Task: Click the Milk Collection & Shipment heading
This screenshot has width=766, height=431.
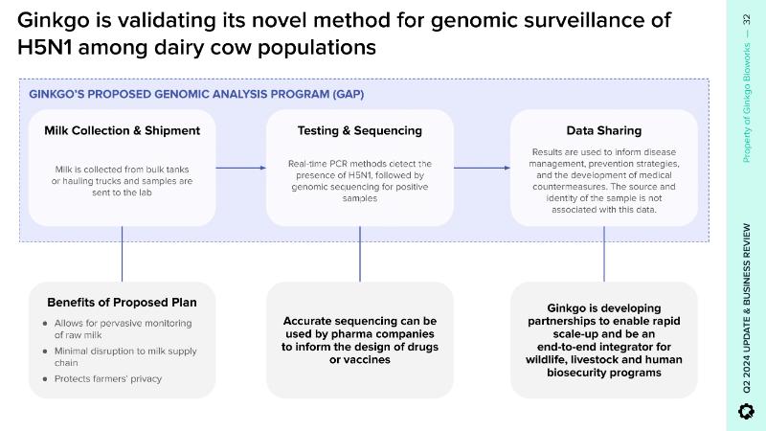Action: point(122,130)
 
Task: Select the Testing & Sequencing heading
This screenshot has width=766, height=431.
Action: point(359,130)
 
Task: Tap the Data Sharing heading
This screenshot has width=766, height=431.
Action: point(603,130)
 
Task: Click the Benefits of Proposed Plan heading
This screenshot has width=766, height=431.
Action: point(122,303)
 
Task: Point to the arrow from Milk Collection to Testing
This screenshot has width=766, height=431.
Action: point(240,169)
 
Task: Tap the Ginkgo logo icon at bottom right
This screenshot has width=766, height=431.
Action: point(747,411)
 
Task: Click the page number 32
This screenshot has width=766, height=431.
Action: point(747,20)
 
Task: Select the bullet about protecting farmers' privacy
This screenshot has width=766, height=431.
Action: point(108,378)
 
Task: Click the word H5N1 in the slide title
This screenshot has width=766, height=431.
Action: point(48,46)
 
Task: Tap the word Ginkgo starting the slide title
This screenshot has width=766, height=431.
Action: point(53,20)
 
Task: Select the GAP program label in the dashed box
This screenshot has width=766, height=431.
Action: point(196,94)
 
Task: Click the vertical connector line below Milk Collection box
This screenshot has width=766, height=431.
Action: point(122,254)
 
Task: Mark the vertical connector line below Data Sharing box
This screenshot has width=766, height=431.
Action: point(603,254)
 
